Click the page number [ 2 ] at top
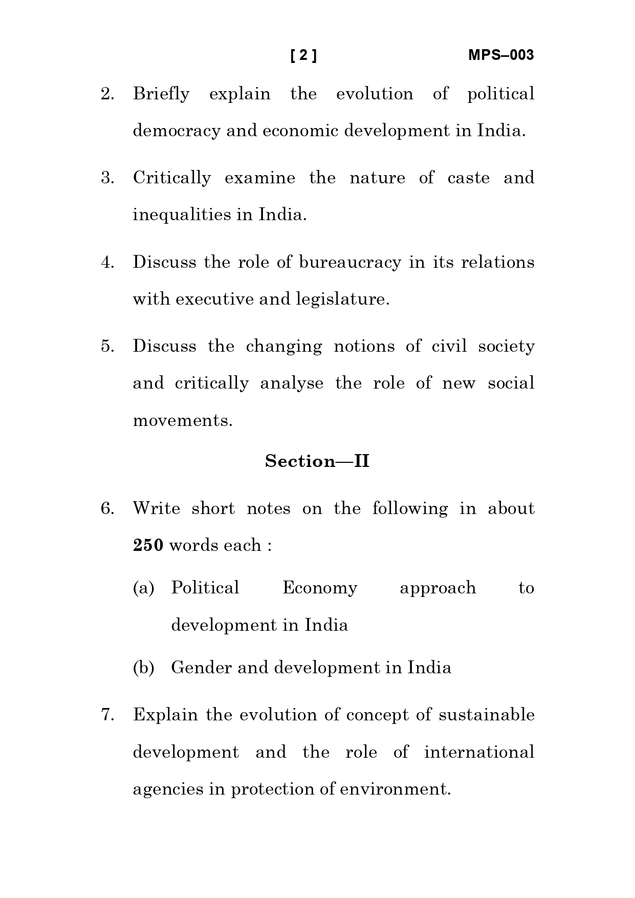point(303,55)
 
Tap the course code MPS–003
point(500,55)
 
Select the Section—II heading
point(317,461)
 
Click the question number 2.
point(107,94)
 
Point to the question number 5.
point(107,346)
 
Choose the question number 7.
point(107,715)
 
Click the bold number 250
point(148,546)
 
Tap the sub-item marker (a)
point(143,588)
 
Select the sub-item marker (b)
point(143,668)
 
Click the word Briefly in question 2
point(161,94)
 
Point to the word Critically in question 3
point(171,178)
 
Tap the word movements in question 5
point(182,421)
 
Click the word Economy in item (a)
point(320,588)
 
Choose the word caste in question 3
point(468,178)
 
